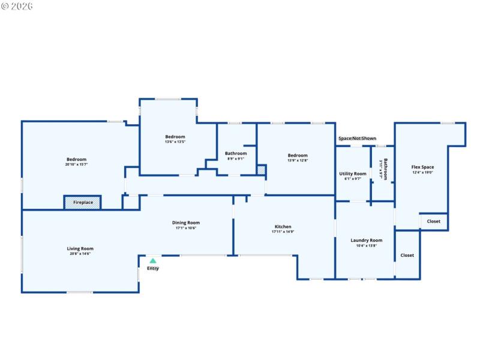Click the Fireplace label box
coord(83,203)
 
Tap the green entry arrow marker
coord(153,261)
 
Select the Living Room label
coord(80,248)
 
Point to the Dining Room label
coord(185,223)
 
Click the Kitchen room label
coord(283,227)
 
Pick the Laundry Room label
coord(366,241)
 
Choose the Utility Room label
coord(353,173)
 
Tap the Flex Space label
coord(422,167)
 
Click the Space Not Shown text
coord(357,139)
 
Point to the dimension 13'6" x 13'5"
coord(175,142)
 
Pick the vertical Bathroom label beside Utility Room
coord(384,170)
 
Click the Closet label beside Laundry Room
coord(407,255)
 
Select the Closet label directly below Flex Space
coord(433,221)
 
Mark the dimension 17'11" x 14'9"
coord(283,232)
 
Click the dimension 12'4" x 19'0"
coord(422,172)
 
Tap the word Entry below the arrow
coord(153,268)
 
